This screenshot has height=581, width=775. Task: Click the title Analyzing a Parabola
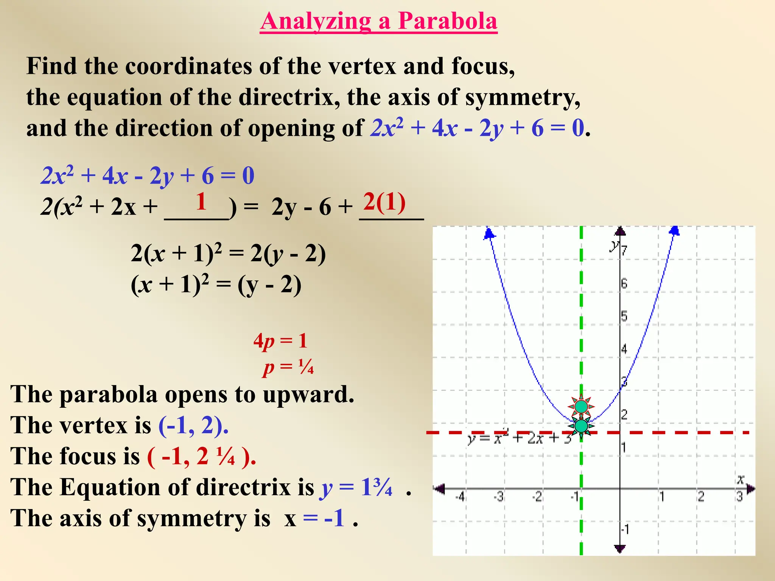(x=378, y=21)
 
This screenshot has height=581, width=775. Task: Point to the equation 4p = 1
(x=280, y=341)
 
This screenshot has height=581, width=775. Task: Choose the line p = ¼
(x=288, y=367)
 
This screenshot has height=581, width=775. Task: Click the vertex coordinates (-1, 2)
(x=193, y=425)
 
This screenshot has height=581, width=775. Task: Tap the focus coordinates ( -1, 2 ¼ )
(x=201, y=456)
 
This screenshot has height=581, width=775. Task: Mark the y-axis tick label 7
(x=624, y=250)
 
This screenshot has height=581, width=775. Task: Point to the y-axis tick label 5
(x=624, y=316)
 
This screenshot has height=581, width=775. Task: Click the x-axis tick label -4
(x=460, y=497)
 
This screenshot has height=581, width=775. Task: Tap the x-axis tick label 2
(x=701, y=497)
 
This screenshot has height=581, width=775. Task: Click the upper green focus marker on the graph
(x=581, y=407)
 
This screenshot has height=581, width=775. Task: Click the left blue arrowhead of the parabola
(x=489, y=233)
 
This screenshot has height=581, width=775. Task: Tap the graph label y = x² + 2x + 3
(x=519, y=438)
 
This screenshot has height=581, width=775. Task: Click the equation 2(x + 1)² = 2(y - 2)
(x=228, y=253)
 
